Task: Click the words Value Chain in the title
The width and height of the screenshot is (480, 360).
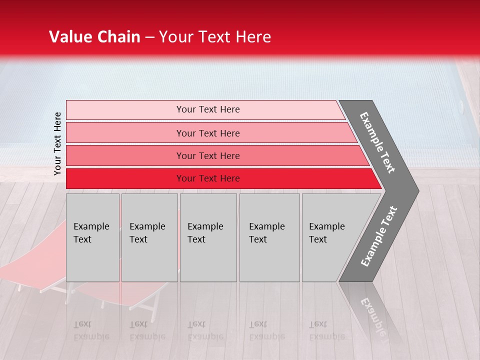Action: click(94, 37)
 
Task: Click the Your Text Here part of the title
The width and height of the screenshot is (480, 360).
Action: click(215, 37)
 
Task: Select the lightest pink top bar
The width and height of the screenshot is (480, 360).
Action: click(125, 109)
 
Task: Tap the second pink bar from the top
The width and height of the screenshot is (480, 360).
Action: click(125, 133)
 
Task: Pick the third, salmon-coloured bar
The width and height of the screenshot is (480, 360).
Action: click(125, 155)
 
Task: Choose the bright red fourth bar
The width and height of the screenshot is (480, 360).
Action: click(125, 178)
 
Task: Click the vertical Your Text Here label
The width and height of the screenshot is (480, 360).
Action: click(57, 143)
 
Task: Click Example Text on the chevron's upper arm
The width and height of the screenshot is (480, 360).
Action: click(377, 142)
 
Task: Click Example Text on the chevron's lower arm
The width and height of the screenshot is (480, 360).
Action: click(379, 236)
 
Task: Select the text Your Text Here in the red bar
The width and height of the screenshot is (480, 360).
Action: click(208, 178)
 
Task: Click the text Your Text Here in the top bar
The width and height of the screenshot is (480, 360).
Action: click(208, 109)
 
